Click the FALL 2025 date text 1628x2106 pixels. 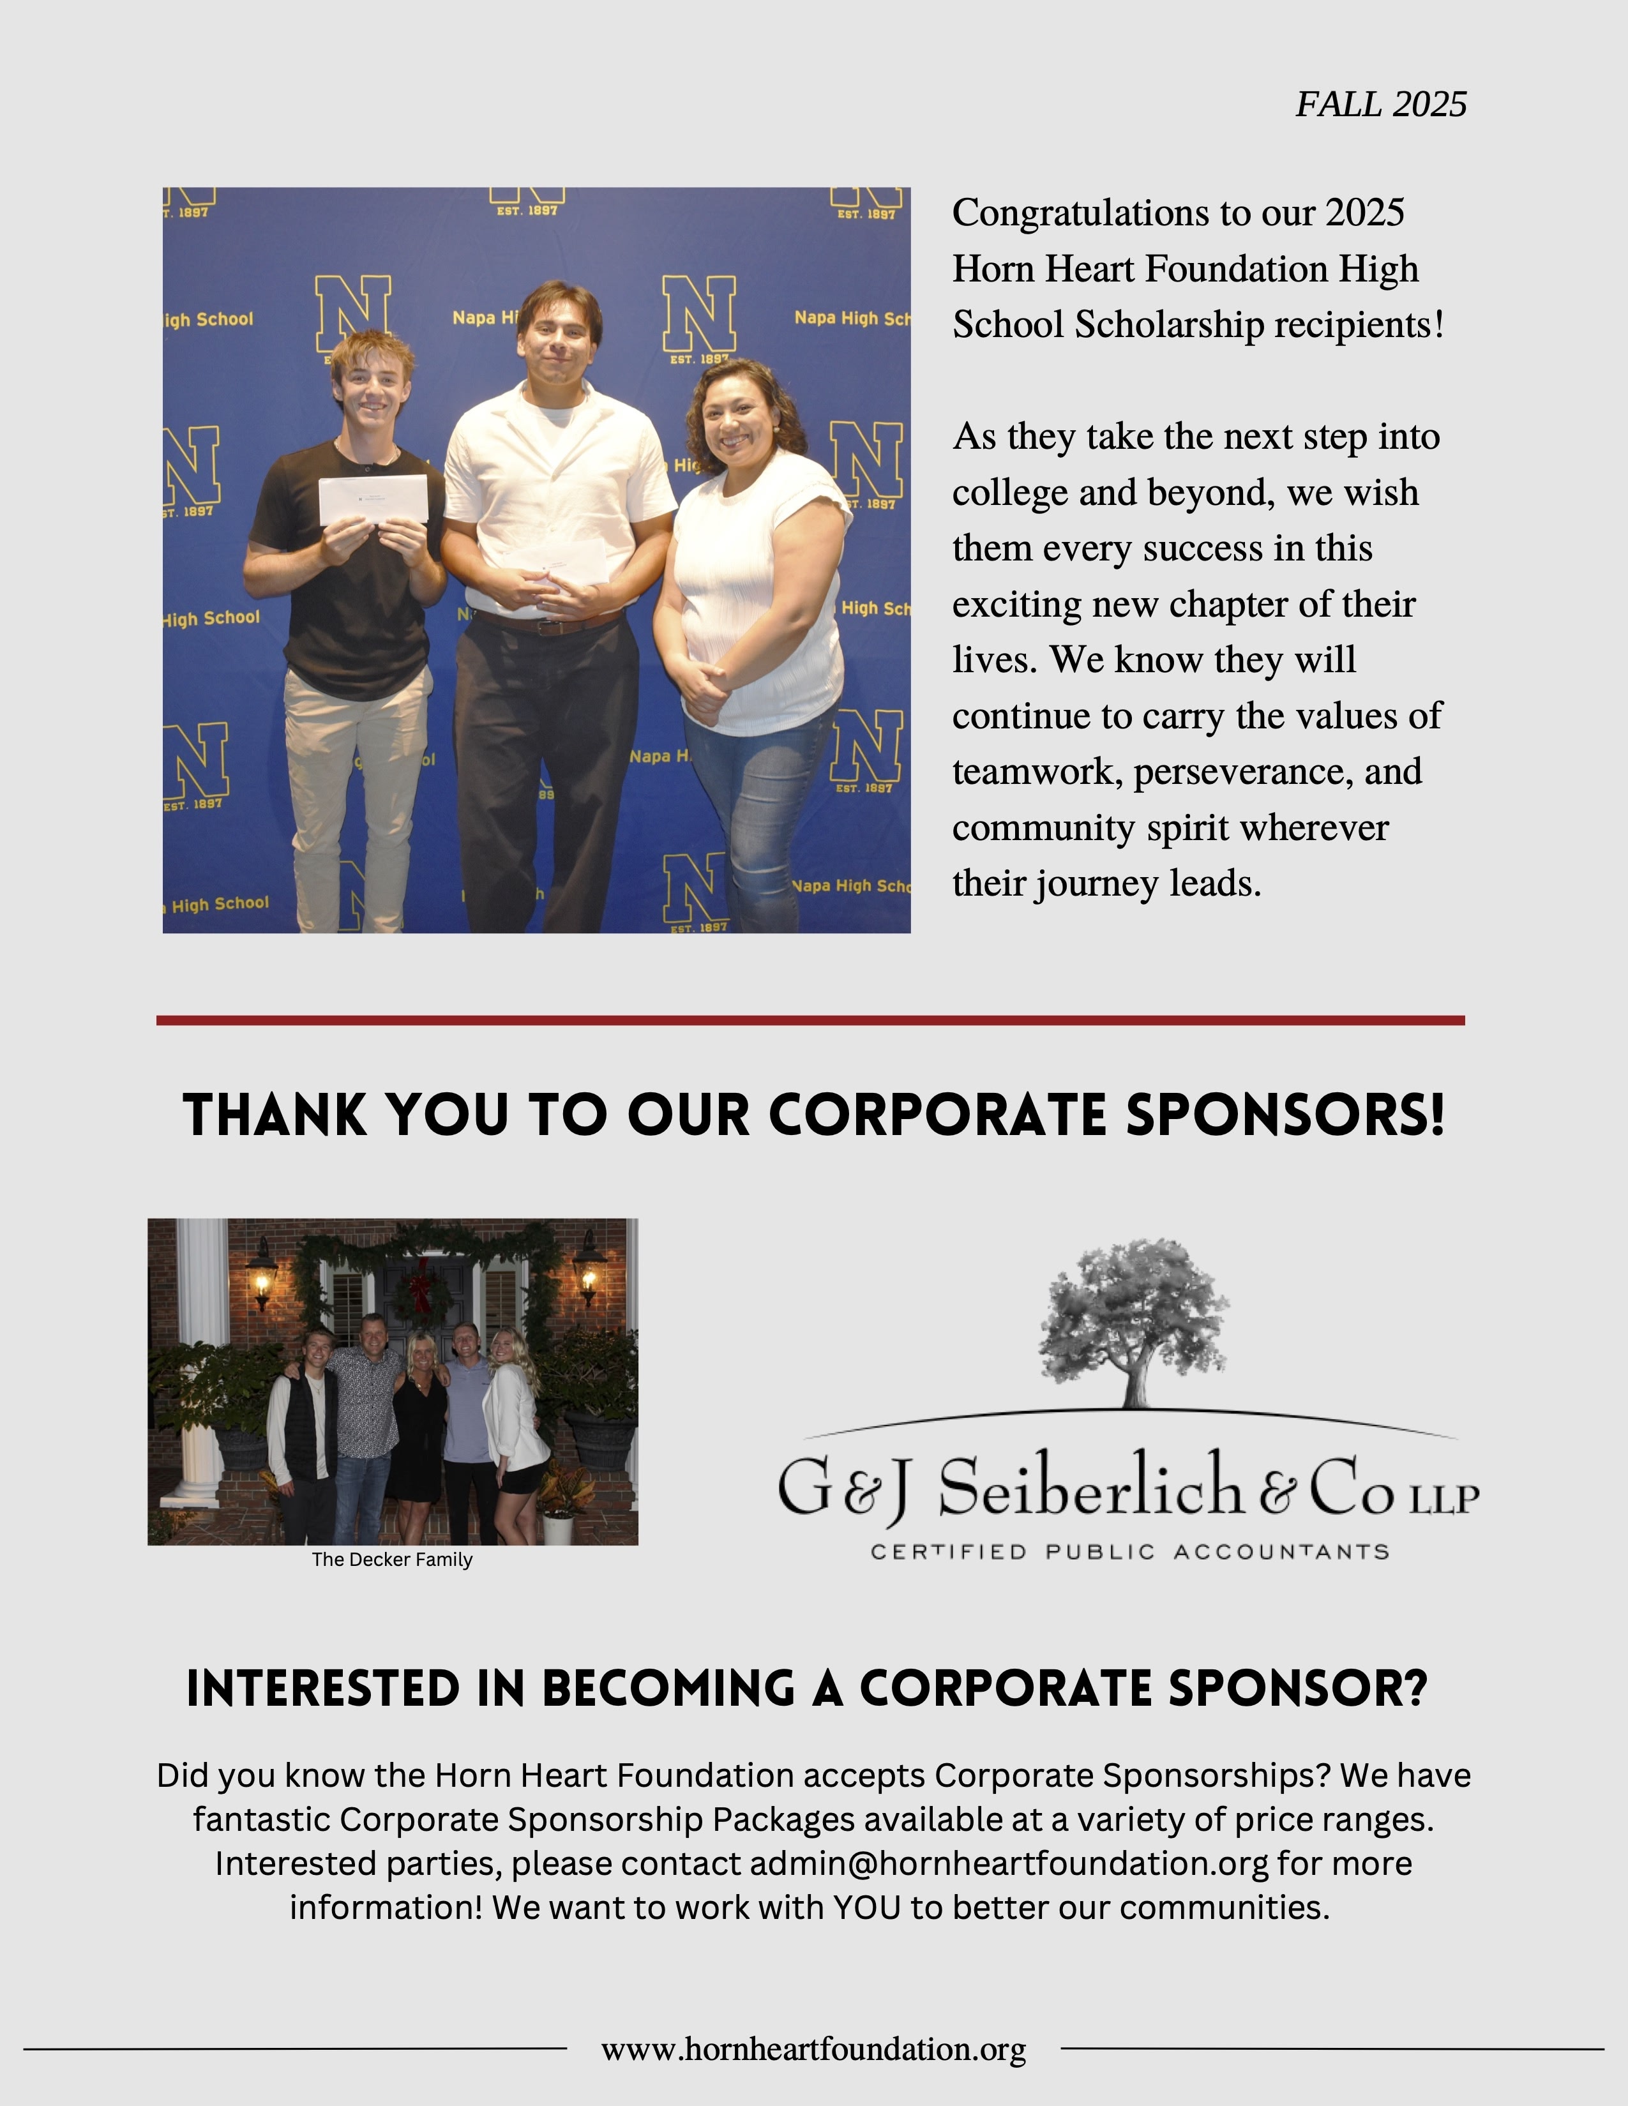[1380, 104]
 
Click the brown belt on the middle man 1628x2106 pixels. [550, 625]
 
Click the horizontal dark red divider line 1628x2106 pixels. [810, 1020]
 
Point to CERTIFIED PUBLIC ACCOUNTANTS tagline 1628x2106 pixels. [1129, 1551]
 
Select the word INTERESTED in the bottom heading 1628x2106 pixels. [323, 1689]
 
